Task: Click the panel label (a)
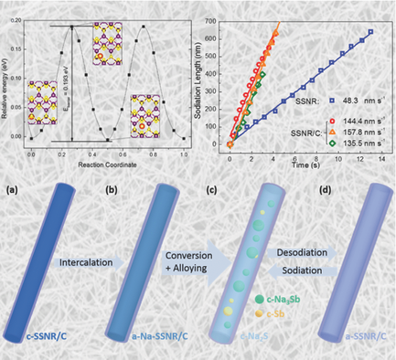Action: click(12, 190)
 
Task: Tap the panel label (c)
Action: click(212, 190)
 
